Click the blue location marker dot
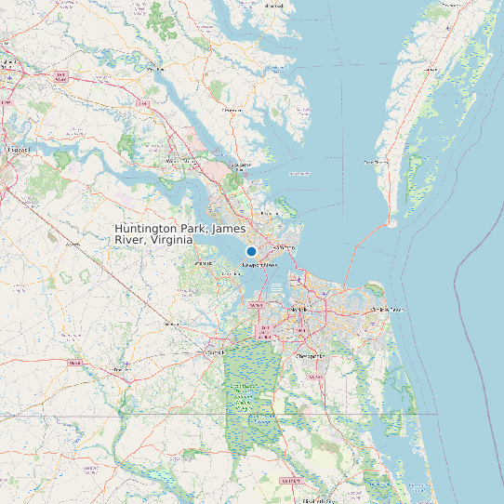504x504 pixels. pos(251,251)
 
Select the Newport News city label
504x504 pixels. pos(259,265)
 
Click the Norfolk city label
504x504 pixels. pos(299,308)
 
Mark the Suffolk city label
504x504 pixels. pos(217,353)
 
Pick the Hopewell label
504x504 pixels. pos(17,149)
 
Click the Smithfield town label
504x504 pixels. pos(204,263)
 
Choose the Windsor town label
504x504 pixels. pos(172,324)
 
